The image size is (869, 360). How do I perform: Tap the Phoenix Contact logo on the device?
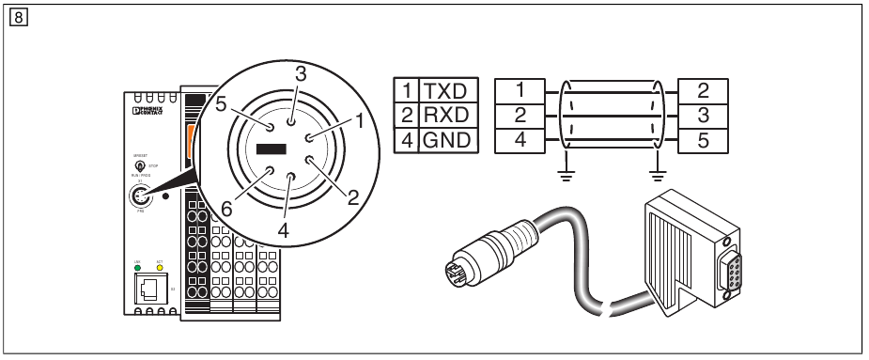[x=151, y=111]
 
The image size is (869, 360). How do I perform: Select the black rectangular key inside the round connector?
[x=271, y=149]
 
